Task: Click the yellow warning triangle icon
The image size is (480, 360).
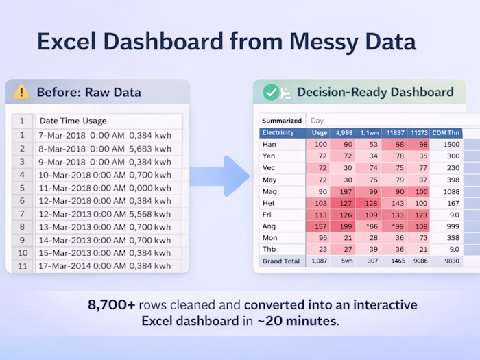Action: (x=22, y=92)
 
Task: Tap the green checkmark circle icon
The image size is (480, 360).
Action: (x=271, y=92)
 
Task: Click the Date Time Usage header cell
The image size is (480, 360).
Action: (x=72, y=121)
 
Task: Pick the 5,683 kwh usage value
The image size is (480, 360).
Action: (x=154, y=148)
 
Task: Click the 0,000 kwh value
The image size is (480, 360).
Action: (x=154, y=187)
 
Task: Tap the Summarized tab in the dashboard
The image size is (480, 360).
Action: (x=281, y=121)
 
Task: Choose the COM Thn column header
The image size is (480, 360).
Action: (x=446, y=132)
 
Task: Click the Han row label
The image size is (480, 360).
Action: (x=269, y=145)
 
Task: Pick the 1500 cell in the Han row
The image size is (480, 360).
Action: (x=452, y=145)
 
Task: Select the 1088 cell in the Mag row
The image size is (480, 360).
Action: (x=452, y=191)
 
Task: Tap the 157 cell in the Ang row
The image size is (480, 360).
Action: (x=320, y=226)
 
